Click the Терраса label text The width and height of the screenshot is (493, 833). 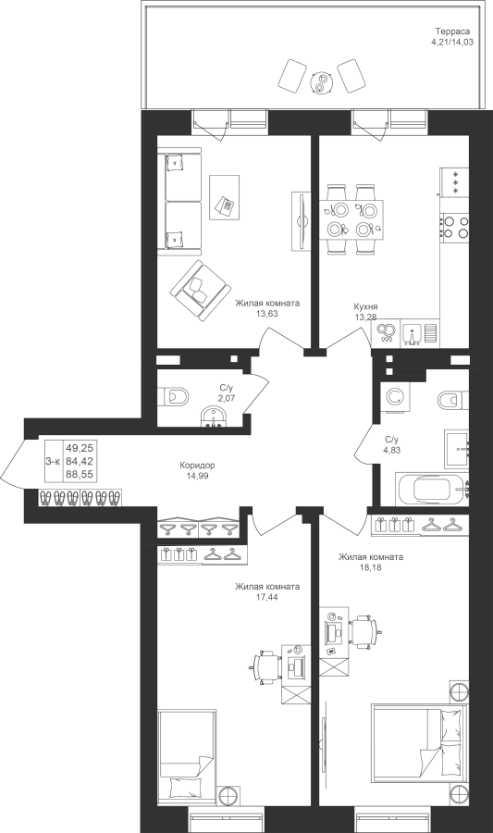tap(453, 31)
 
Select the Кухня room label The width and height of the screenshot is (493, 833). tap(365, 306)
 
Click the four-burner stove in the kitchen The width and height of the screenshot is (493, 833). tap(455, 225)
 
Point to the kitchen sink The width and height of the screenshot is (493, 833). tap(413, 333)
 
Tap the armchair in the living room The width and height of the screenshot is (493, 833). tap(200, 290)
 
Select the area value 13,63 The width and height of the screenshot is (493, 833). tap(267, 314)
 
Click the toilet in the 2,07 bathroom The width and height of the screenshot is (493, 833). tap(173, 396)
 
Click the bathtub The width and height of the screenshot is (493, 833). tap(433, 489)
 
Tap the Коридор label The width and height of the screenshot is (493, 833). tap(197, 466)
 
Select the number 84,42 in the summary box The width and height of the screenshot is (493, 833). tap(80, 461)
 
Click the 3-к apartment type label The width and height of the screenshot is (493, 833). tap(53, 462)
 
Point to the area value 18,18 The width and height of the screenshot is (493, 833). tap(370, 567)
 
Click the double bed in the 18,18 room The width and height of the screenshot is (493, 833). tap(419, 744)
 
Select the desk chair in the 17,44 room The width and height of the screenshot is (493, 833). tap(265, 665)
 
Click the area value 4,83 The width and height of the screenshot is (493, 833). tap(392, 450)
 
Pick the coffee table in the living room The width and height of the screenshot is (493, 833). tap(224, 197)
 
